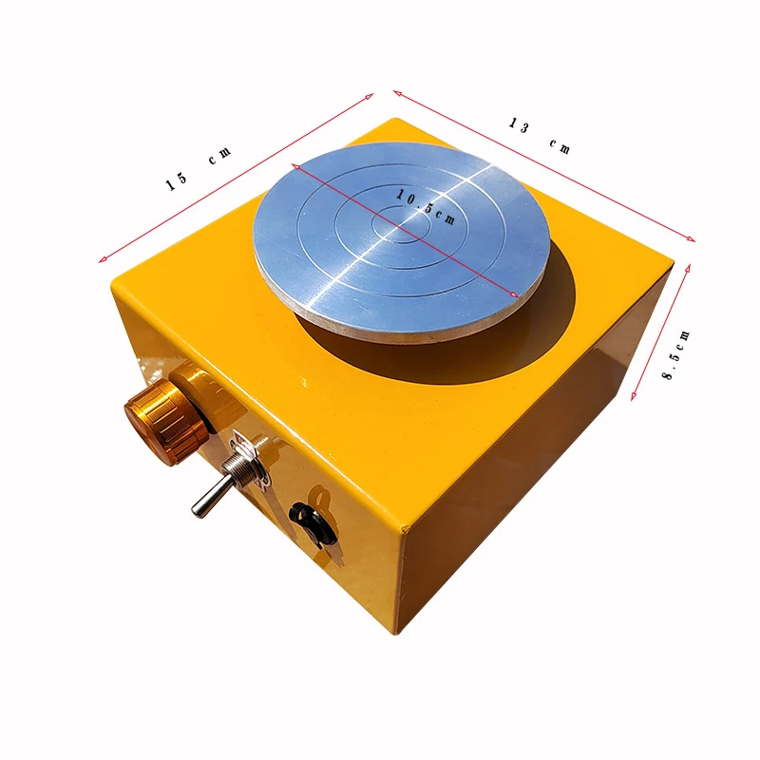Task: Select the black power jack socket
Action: click(x=313, y=525)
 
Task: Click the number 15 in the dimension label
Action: click(x=177, y=181)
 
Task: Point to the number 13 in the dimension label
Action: click(x=519, y=125)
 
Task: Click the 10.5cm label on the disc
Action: click(x=426, y=207)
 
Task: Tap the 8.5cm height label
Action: click(x=676, y=354)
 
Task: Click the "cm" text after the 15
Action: click(x=220, y=155)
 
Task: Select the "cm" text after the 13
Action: click(x=560, y=146)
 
